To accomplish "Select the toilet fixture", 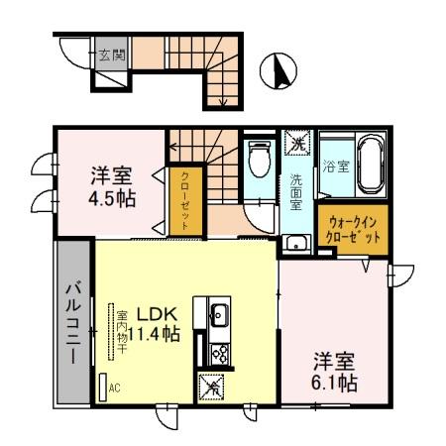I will [x=261, y=159].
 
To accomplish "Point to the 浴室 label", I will [x=336, y=167].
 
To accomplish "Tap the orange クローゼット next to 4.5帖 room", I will [x=184, y=199].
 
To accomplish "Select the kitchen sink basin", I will [x=219, y=317].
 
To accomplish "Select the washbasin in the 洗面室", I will [x=296, y=242].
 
